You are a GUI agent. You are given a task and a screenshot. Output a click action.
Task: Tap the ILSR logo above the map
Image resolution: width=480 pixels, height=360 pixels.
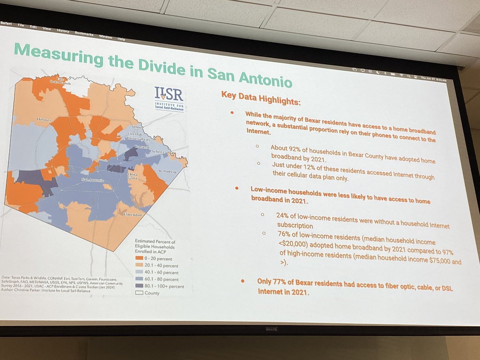click(x=169, y=98)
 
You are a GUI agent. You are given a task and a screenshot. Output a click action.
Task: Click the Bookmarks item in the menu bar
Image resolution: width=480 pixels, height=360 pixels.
click(x=84, y=34)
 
